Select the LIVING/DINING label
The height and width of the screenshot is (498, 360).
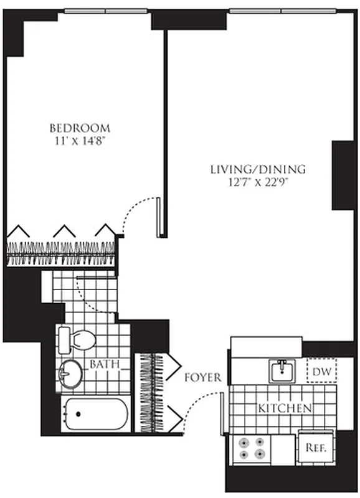[x=257, y=169]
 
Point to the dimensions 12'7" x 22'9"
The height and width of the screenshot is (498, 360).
[x=257, y=182]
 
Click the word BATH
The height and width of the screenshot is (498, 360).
[x=102, y=364]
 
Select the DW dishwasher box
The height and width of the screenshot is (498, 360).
[x=321, y=372]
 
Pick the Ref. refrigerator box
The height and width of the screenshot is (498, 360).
[x=315, y=447]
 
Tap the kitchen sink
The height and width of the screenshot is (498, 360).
[x=283, y=371]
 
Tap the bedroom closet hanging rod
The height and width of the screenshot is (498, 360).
[x=62, y=249]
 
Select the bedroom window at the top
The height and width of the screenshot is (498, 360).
[x=106, y=11]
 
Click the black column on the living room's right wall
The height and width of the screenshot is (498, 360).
[x=343, y=175]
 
